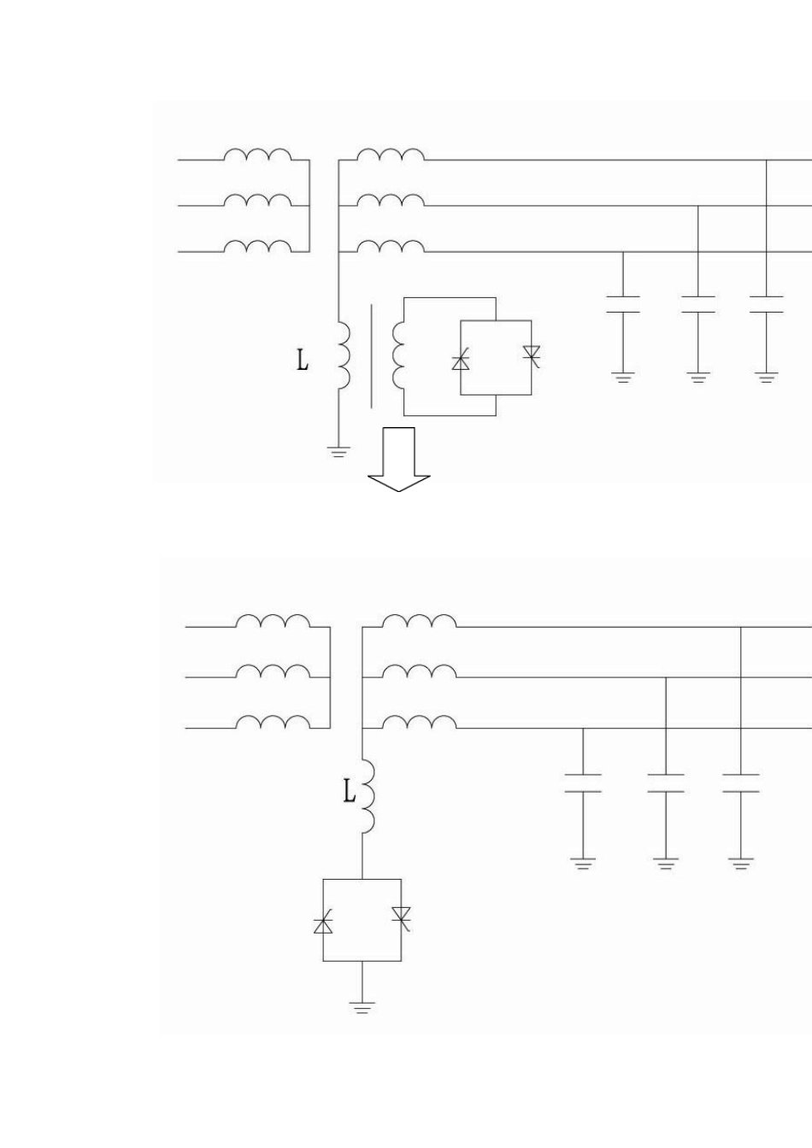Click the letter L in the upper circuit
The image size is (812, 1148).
pos(303,360)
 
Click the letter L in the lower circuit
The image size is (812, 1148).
pos(350,793)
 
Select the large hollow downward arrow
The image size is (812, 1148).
pos(398,460)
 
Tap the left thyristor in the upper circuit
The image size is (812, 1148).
pos(461,360)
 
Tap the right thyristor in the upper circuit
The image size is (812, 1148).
pos(532,355)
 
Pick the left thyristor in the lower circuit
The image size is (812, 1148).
pos(323,922)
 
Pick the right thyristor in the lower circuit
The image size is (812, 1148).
pos(401,918)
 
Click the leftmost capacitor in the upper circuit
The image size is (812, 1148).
pos(623,304)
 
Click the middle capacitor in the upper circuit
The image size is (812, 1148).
pos(697,304)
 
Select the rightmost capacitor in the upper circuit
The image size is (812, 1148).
pos(767,304)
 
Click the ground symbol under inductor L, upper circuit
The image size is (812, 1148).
pos(338,452)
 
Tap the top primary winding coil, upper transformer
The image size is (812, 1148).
pos(257,155)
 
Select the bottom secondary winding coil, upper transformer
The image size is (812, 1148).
pos(391,247)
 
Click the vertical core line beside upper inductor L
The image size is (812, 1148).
pos(371,357)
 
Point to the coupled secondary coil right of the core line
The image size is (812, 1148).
pos(398,355)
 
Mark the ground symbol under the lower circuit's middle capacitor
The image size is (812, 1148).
pos(666,864)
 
